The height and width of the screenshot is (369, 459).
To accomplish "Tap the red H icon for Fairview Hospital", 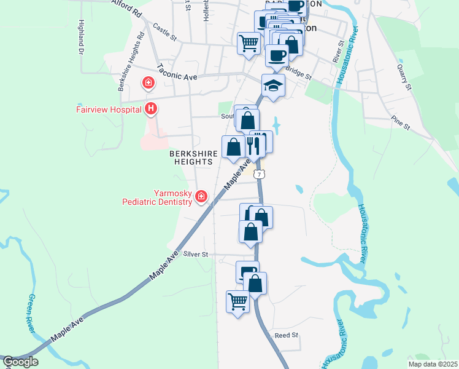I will (x=151, y=109).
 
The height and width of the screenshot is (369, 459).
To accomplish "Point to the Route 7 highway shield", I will (x=260, y=175).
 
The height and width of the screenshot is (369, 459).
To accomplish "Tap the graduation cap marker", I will (x=273, y=85).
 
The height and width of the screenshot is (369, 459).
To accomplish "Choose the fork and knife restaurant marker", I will (x=253, y=145).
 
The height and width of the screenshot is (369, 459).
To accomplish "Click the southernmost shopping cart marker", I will (x=237, y=301).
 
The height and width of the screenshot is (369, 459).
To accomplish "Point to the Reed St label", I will (x=286, y=335).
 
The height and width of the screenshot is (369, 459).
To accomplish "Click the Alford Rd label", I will (x=126, y=7).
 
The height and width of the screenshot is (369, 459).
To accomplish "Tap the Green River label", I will (x=31, y=314).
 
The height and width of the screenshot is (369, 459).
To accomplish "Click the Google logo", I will (x=20, y=362).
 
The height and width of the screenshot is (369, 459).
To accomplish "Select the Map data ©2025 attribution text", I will (x=433, y=364).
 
